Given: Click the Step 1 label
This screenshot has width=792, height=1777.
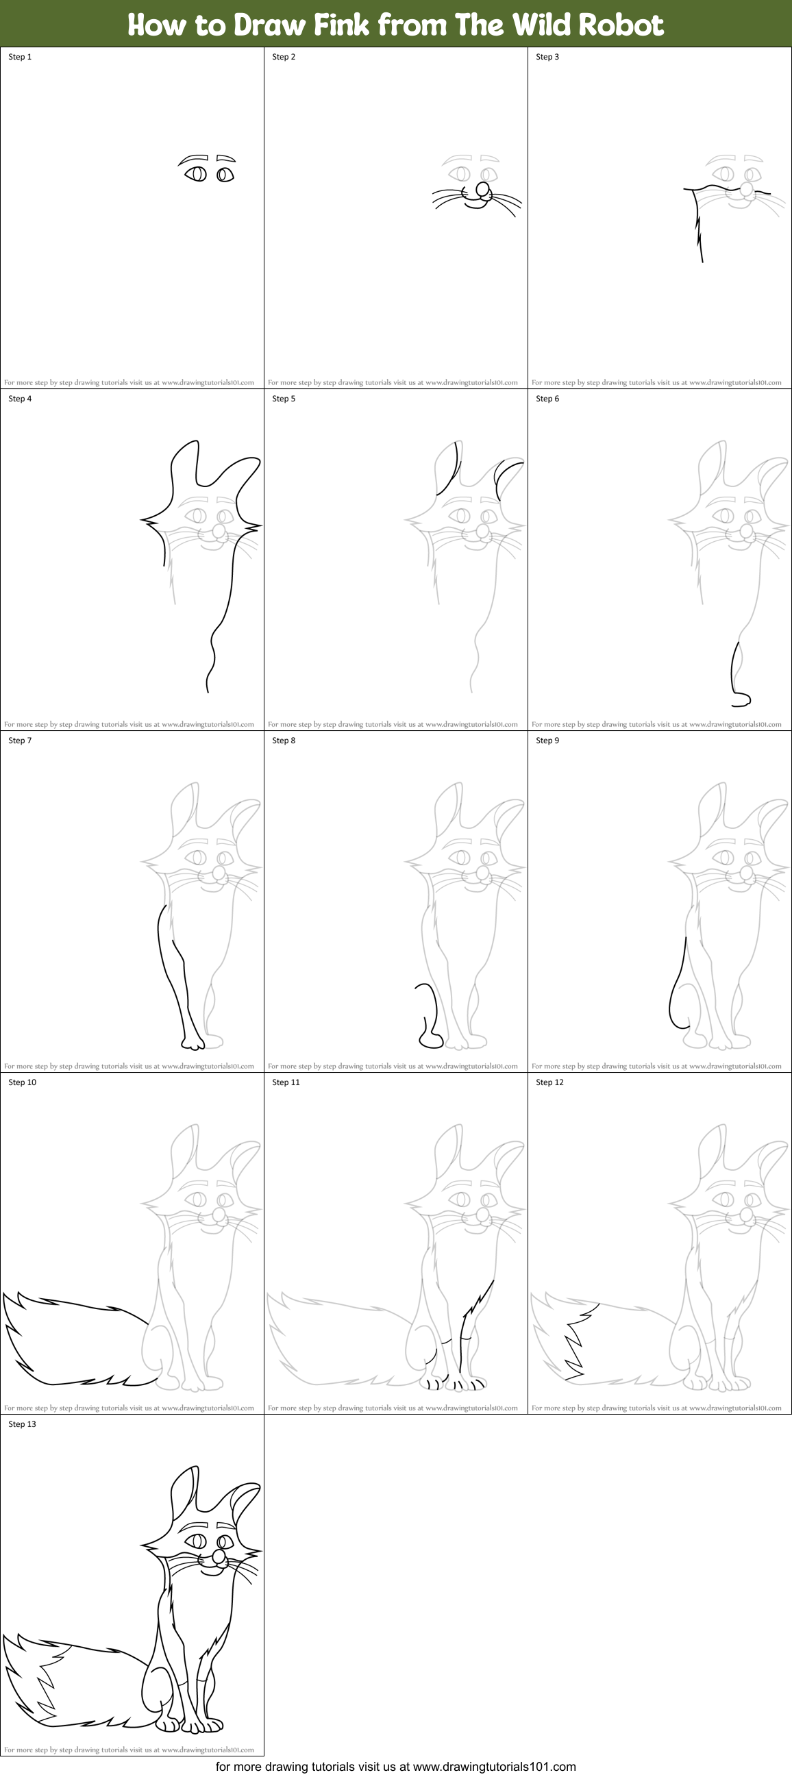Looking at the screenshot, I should tap(20, 57).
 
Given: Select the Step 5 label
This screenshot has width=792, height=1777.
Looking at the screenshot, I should tap(284, 399).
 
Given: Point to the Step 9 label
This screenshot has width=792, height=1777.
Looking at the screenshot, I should tap(547, 740).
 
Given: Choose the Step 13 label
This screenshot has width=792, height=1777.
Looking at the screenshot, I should tap(22, 1424).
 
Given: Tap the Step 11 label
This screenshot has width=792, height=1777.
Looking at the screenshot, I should tap(286, 1082).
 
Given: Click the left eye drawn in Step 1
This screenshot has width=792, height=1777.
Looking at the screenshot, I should tap(196, 174).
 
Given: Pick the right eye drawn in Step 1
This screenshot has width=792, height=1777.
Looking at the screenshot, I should tap(225, 175).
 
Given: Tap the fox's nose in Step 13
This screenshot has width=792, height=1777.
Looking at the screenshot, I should tap(219, 1557).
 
